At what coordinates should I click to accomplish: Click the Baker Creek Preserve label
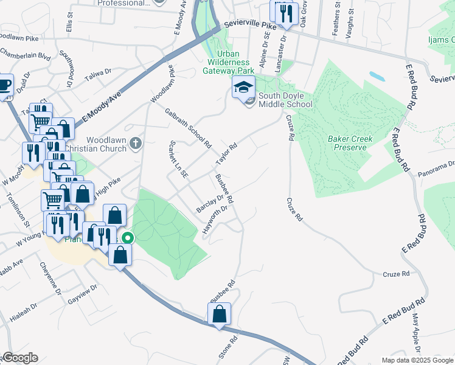347,143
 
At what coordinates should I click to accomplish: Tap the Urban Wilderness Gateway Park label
224,61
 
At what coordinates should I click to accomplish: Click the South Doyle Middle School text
285,100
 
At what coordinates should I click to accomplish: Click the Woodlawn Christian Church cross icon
136,144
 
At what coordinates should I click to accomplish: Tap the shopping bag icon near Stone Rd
220,315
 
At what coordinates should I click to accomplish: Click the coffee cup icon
4,83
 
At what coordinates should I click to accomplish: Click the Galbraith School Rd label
188,130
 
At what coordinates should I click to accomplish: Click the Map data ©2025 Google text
417,360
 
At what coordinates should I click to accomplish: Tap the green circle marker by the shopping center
127,238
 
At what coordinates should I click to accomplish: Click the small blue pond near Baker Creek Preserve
377,77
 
